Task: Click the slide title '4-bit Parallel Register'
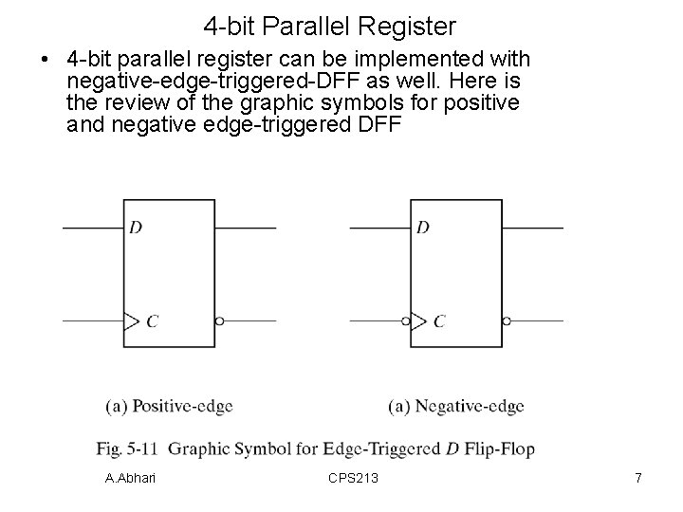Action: pos(330,25)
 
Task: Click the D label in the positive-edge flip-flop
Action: pos(135,228)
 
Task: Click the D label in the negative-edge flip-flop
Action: pos(422,228)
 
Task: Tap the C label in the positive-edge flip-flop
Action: pos(152,321)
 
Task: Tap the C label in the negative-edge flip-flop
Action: pos(439,321)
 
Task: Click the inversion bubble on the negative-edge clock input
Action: pos(405,320)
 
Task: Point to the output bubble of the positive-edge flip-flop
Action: pos(219,320)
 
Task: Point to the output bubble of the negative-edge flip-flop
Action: pos(507,320)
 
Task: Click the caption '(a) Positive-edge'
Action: pos(168,407)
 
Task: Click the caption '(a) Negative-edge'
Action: pos(455,407)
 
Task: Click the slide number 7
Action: pos(637,479)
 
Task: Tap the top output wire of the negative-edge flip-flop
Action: pos(533,228)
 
